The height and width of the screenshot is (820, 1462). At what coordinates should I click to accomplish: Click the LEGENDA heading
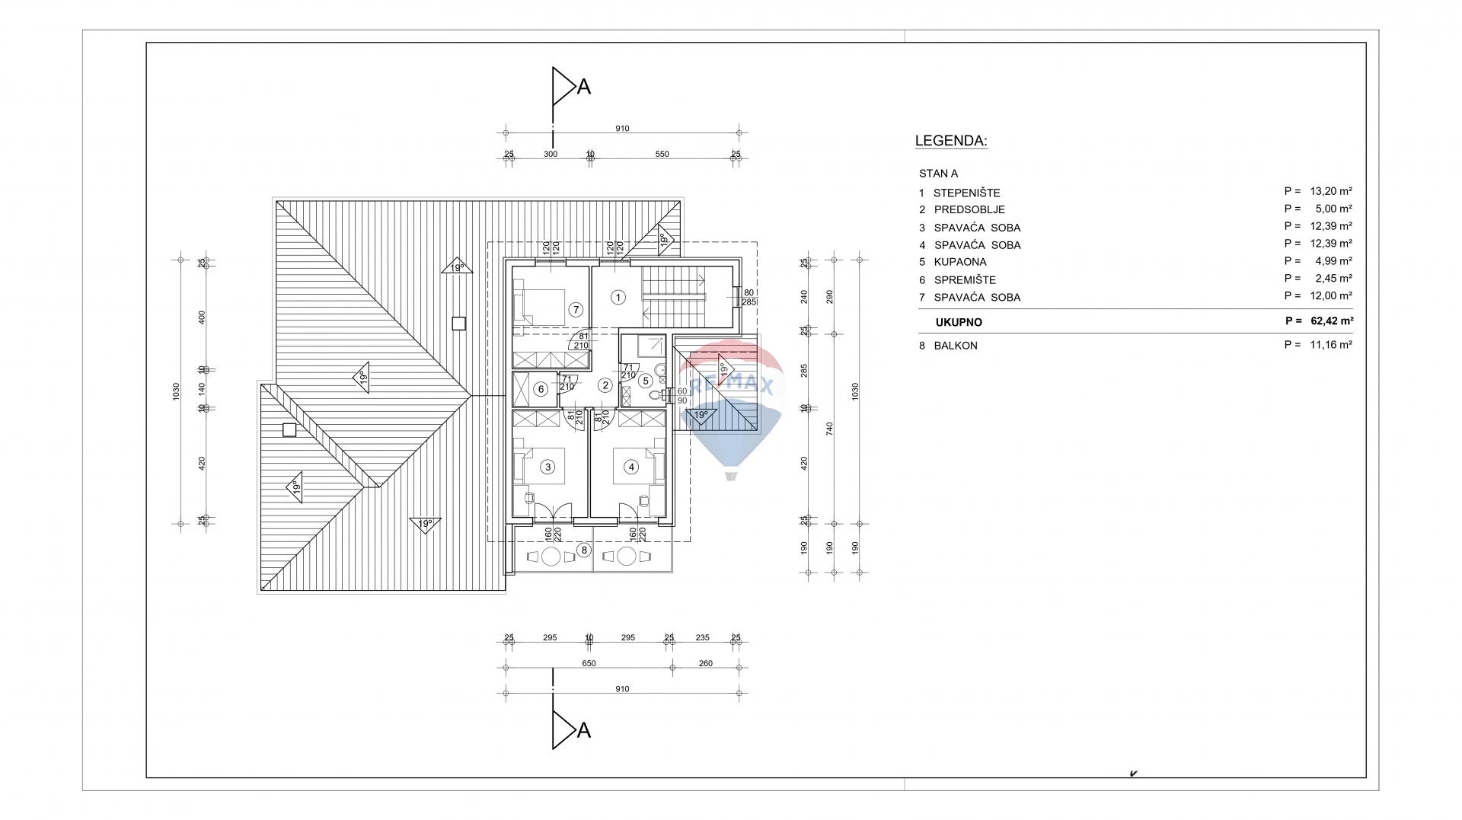951,141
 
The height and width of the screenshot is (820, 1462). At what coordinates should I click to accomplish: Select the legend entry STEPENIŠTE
967,193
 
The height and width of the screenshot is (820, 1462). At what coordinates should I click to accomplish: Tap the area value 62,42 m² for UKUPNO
1331,321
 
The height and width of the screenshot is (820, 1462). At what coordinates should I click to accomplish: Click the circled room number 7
576,310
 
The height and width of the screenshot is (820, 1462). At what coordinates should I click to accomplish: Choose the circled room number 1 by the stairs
618,298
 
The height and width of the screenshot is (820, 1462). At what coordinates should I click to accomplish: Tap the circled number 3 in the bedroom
547,467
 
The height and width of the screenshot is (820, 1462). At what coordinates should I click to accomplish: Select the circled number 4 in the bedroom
630,467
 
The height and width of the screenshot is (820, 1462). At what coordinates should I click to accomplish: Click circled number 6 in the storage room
541,389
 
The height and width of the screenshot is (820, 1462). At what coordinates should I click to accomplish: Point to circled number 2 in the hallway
605,385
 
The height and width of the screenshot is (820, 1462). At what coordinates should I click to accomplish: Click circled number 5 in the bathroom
645,381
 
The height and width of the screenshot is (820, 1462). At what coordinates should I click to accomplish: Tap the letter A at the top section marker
584,87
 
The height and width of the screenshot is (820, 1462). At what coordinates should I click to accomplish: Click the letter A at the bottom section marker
584,731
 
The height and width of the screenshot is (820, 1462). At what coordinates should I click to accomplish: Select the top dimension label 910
622,129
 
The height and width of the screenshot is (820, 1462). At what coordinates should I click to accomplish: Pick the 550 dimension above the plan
662,154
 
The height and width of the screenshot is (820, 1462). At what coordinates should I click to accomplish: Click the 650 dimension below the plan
589,663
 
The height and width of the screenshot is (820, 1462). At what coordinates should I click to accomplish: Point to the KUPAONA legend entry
960,262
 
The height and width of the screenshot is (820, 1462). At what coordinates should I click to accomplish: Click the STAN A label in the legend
938,174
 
